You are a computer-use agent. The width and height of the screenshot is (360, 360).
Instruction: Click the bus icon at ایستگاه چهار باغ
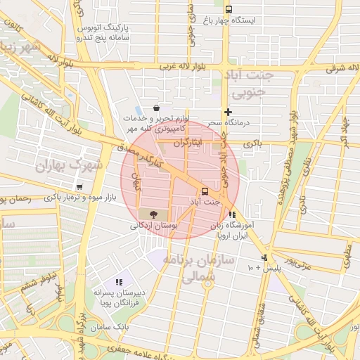coord(229,9)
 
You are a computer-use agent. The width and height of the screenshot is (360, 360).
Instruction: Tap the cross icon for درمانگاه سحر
coord(228,112)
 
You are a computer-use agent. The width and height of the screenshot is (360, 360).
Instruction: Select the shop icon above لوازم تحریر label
coord(155,108)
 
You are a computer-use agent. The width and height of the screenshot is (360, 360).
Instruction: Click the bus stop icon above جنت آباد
coord(205,191)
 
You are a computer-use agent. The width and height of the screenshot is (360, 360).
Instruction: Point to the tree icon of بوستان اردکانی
coord(153,214)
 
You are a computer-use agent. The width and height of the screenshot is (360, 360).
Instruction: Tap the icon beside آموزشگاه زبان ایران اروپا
coord(232,215)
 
